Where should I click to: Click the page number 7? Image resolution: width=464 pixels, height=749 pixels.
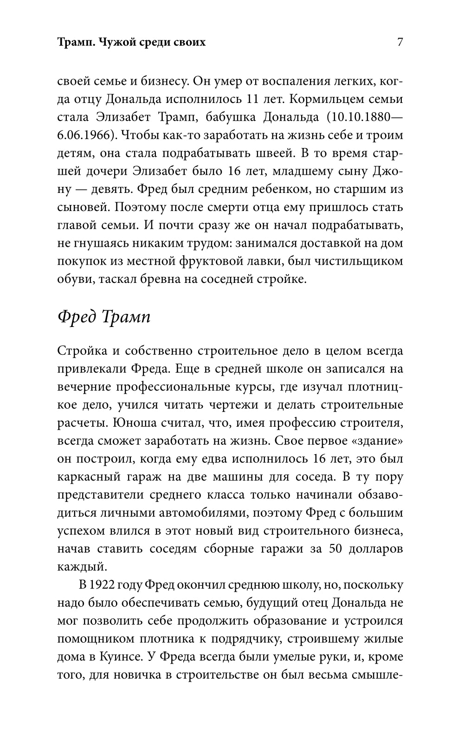400,42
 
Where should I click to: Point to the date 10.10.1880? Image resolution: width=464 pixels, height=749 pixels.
361,117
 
